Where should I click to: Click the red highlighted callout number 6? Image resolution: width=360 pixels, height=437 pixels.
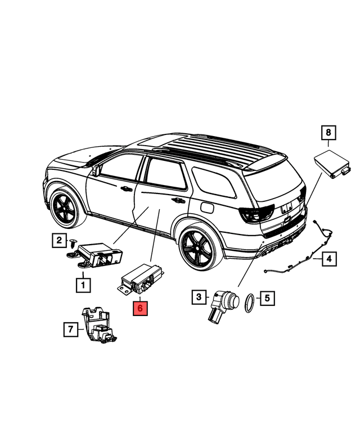pos(140,308)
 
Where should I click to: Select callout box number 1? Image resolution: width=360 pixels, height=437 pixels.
pos(83,285)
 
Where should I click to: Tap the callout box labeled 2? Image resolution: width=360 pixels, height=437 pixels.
pos(59,240)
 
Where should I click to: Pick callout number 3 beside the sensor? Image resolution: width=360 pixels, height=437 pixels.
pos(199,297)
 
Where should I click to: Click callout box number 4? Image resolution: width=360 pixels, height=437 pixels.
pos(329,259)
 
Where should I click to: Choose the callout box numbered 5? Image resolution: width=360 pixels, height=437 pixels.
pos(267,298)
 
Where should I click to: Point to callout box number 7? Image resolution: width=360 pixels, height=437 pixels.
pos(70,329)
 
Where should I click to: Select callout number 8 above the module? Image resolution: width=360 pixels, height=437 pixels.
pos(328,132)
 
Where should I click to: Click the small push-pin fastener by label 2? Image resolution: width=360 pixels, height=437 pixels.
pos(73,244)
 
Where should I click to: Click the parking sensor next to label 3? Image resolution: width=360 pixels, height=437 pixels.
pos(223,305)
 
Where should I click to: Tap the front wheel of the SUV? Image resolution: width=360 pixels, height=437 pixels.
pos(65,208)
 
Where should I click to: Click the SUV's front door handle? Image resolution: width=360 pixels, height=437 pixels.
pos(126,188)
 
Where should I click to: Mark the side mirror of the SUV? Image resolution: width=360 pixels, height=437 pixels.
pos(96,170)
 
